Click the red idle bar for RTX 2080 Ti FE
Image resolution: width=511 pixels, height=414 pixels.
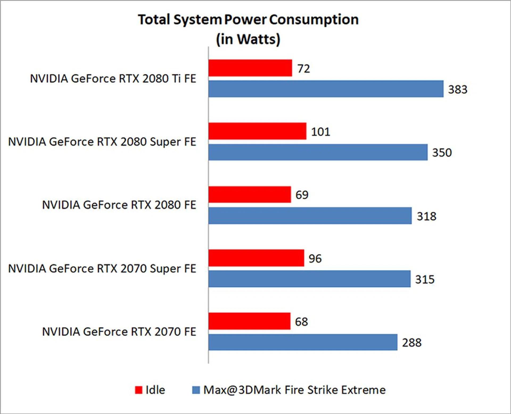click(x=250, y=68)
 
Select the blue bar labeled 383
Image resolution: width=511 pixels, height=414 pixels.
click(x=326, y=89)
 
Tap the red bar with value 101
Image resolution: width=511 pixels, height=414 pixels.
click(x=257, y=131)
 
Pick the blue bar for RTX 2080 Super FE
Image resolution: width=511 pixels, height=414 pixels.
click(x=318, y=152)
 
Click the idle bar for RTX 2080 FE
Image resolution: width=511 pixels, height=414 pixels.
click(x=250, y=194)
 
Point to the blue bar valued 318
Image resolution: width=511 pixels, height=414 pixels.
click(x=310, y=216)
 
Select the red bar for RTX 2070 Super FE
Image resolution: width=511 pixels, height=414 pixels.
click(x=256, y=258)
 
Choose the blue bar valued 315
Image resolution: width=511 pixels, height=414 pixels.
click(x=309, y=279)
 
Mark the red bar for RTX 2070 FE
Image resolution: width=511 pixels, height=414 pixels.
click(x=249, y=321)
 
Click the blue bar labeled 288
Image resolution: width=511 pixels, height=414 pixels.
click(x=303, y=342)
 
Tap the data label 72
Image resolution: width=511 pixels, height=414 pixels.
click(x=304, y=69)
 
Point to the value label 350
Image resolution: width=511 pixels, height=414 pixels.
click(x=442, y=153)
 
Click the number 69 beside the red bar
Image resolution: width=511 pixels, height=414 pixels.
click(x=302, y=195)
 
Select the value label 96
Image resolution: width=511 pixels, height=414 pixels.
click(x=315, y=259)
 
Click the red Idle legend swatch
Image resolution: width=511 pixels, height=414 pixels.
click(x=139, y=390)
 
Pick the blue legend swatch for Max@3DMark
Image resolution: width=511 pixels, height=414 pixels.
click(x=196, y=390)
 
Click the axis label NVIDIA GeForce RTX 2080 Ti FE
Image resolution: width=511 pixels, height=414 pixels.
click(x=113, y=79)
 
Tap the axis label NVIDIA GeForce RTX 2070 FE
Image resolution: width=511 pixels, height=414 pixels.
click(x=119, y=332)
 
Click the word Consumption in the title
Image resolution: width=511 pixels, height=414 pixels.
click(x=314, y=20)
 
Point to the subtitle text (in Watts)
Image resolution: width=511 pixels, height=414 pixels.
click(x=248, y=39)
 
